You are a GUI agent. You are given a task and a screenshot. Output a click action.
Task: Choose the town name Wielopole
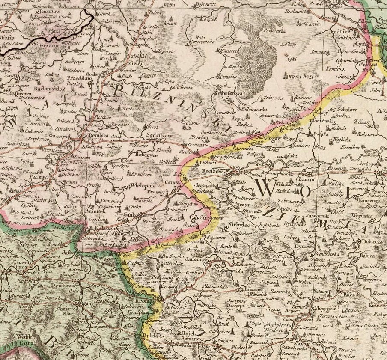pos(143,187)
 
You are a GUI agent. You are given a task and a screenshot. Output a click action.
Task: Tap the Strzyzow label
pos(212,219)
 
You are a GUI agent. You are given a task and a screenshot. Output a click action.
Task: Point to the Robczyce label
pos(147,156)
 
